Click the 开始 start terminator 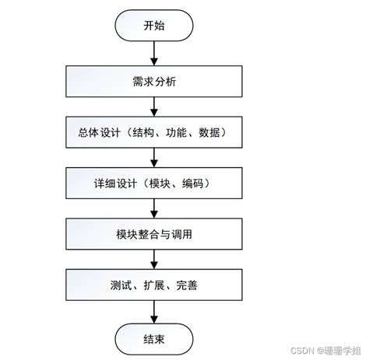154,26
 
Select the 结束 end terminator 154,338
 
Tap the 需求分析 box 154,80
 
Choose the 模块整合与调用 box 154,234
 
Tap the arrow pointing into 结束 154,311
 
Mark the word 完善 187,285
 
